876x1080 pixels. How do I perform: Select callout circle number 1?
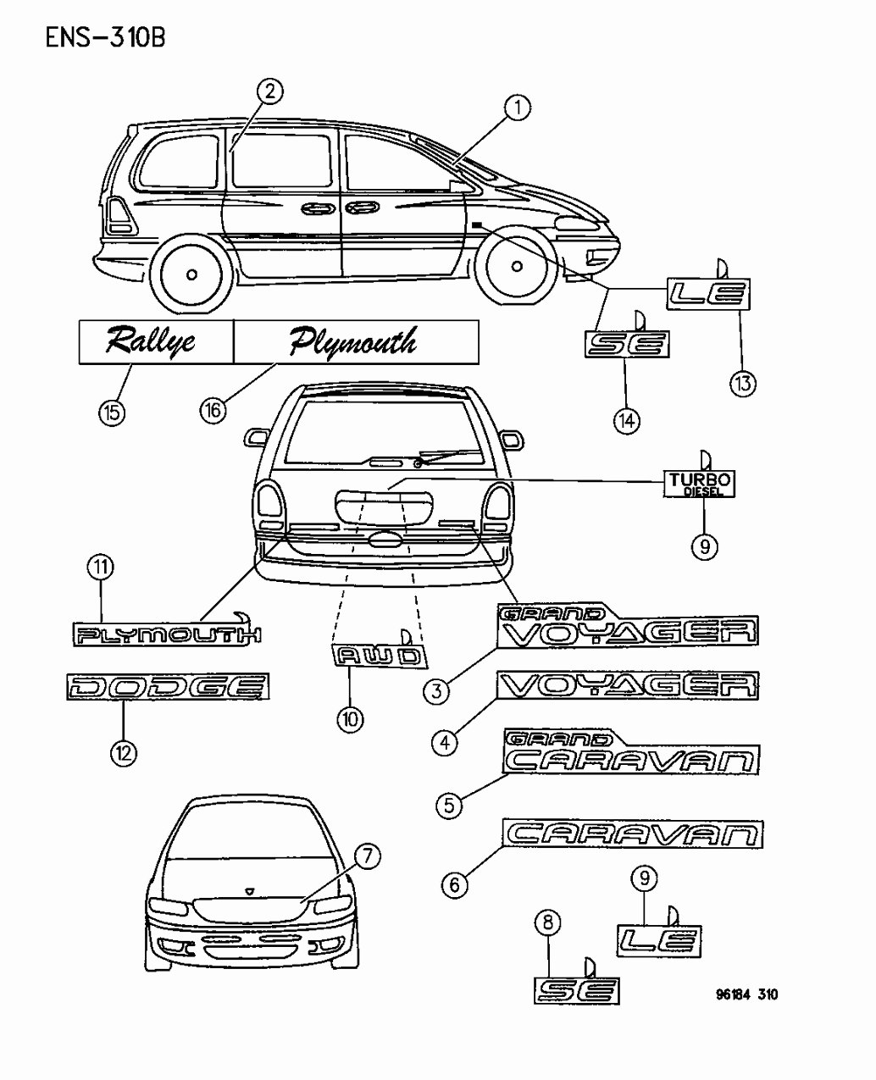pyautogui.click(x=518, y=108)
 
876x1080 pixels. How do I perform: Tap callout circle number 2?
pyautogui.click(x=269, y=91)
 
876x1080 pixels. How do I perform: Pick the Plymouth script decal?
pyautogui.click(x=354, y=341)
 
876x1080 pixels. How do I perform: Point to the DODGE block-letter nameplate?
pyautogui.click(x=168, y=686)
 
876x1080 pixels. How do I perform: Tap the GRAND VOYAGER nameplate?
pyautogui.click(x=627, y=628)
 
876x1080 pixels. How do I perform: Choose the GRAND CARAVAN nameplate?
pyautogui.click(x=632, y=752)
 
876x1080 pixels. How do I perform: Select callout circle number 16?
pyautogui.click(x=213, y=410)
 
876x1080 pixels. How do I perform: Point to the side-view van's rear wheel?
pyautogui.click(x=192, y=274)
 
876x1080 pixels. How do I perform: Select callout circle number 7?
pyautogui.click(x=367, y=857)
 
